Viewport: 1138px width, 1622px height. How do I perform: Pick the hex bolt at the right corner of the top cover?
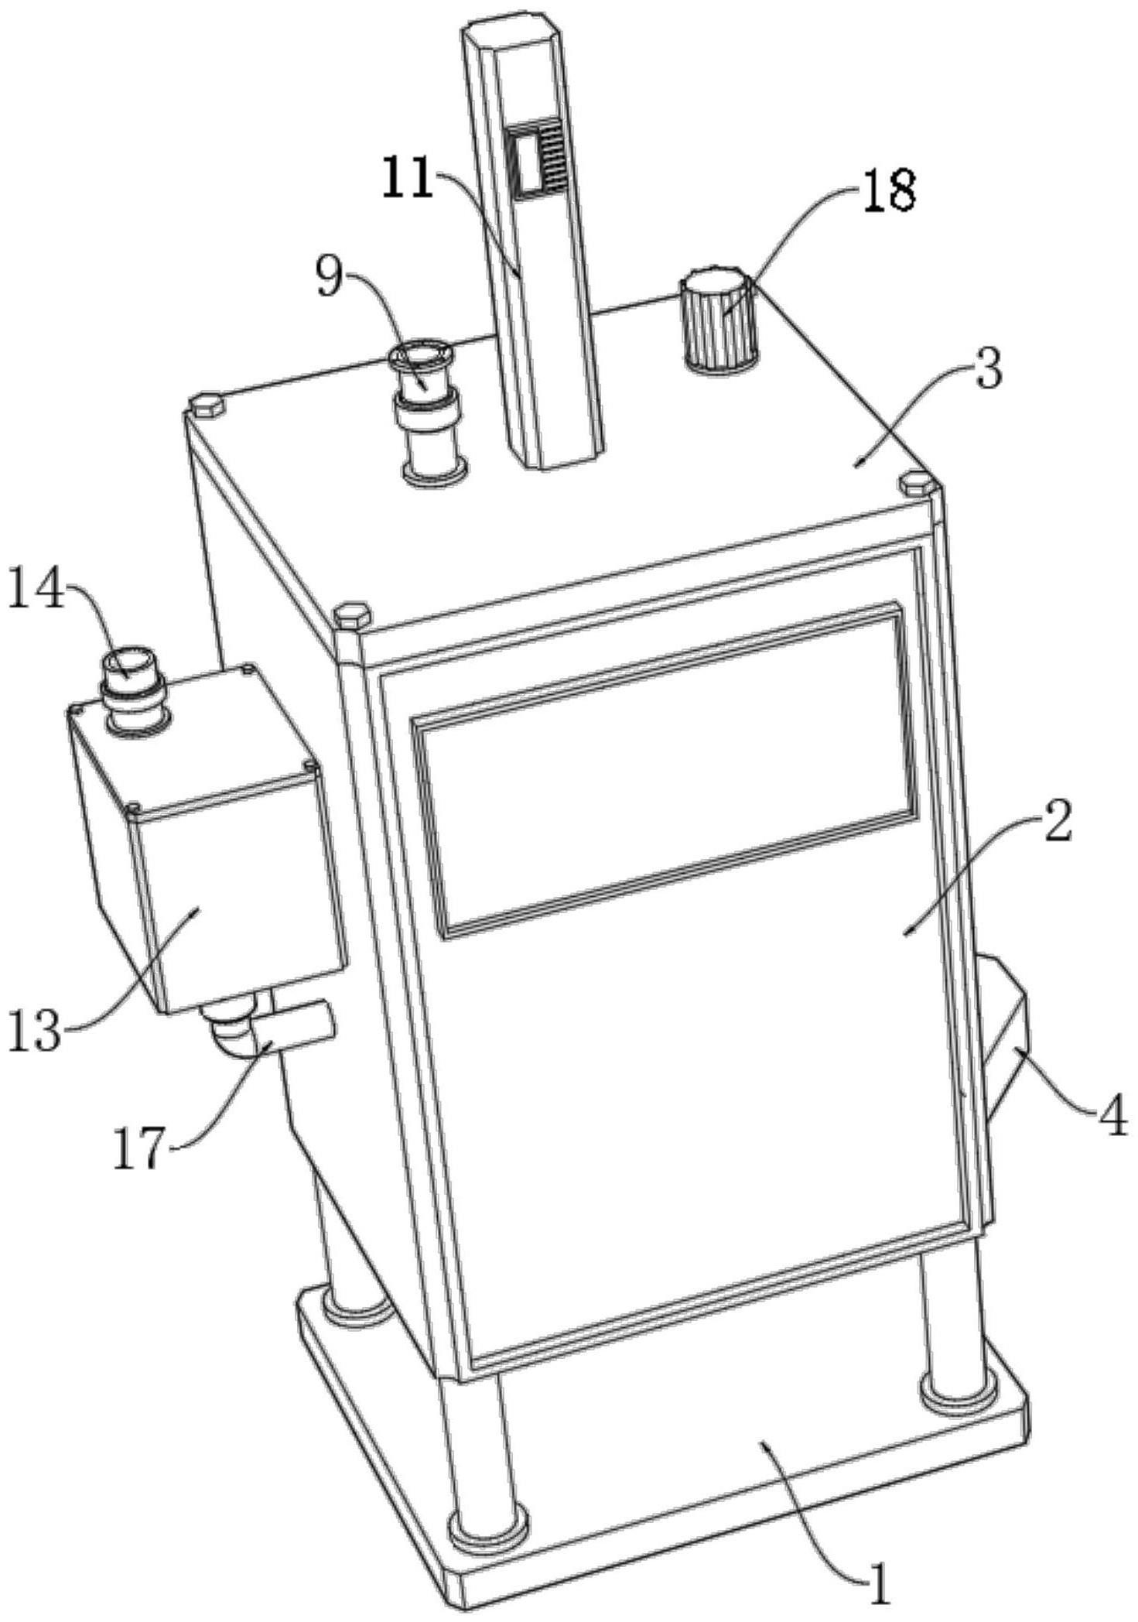(x=918, y=484)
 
